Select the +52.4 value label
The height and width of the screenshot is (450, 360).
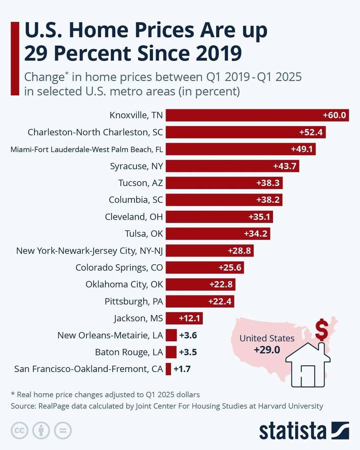311,132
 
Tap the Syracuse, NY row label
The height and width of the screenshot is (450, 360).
136,166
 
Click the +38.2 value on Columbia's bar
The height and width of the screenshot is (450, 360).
268,200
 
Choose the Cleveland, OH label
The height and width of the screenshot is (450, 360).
134,217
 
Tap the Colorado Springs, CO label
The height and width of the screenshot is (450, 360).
119,268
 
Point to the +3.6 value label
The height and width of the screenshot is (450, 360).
188,335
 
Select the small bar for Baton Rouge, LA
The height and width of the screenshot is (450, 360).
171,352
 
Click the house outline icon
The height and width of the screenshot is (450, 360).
308,362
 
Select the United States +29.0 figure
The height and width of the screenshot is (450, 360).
267,349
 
